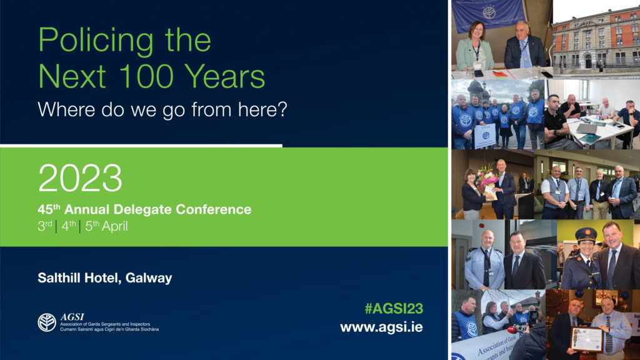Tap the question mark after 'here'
pyautogui.click(x=282, y=110)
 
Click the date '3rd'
pyautogui.click(x=44, y=226)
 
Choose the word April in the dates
pyautogui.click(x=113, y=227)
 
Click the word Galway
pyautogui.click(x=147, y=278)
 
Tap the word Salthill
pyautogui.click(x=57, y=278)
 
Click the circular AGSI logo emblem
pyautogui.click(x=46, y=322)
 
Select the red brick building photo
pyautogui.click(x=596, y=39)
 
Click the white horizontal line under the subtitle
pyautogui.click(x=141, y=146)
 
